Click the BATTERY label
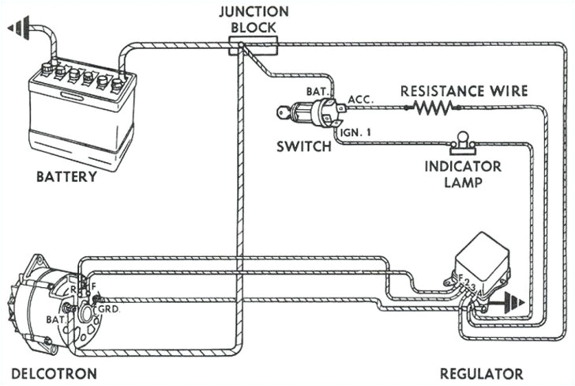coord(66,176)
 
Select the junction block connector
coord(254,47)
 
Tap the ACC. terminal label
coord(359,101)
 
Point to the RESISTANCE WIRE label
coord(464,91)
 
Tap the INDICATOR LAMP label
coord(463,173)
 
